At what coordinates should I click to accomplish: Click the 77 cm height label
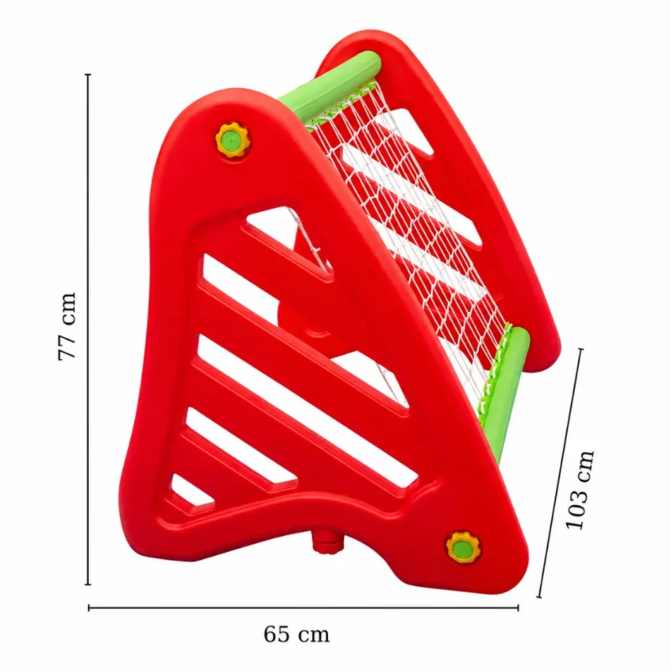[67, 326]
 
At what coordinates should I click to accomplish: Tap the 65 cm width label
[297, 634]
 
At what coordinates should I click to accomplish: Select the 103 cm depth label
[580, 490]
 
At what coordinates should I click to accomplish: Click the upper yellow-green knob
[232, 139]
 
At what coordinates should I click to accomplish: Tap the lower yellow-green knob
[462, 548]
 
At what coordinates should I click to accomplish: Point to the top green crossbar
[330, 87]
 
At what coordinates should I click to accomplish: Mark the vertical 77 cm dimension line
[88, 329]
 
